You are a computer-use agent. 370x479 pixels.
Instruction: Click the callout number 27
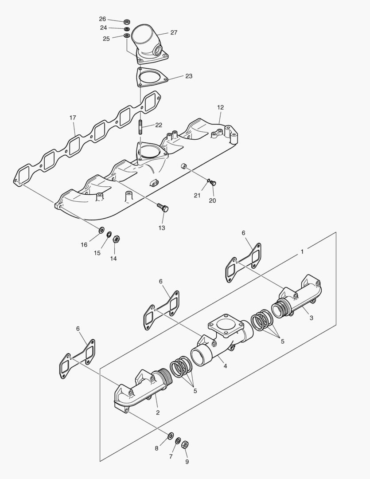point(174,32)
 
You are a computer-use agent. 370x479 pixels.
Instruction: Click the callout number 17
point(73,118)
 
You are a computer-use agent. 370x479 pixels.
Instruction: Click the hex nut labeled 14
point(116,239)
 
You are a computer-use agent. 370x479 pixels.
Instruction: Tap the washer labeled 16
point(101,230)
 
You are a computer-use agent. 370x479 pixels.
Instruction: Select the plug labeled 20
point(213,183)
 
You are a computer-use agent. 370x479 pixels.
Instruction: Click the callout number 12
point(220,107)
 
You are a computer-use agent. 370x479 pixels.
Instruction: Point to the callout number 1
point(302,251)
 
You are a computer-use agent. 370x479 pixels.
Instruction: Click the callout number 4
point(225,366)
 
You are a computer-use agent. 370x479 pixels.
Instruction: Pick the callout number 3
point(311,318)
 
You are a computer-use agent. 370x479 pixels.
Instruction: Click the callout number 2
point(158,412)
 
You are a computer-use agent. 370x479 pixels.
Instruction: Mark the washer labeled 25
point(127,36)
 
